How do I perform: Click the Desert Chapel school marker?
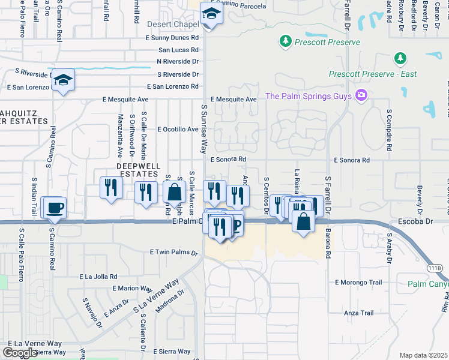[211, 13]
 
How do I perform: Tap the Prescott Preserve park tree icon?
[286, 41]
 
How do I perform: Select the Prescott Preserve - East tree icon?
[399, 58]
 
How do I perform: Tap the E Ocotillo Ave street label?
[178, 129]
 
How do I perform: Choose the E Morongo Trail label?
[358, 282]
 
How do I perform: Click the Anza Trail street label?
[359, 313]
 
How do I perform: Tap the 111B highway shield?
[438, 268]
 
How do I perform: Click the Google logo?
[20, 352]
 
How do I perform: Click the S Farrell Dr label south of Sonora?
[328, 193]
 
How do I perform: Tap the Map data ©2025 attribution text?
[423, 355]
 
